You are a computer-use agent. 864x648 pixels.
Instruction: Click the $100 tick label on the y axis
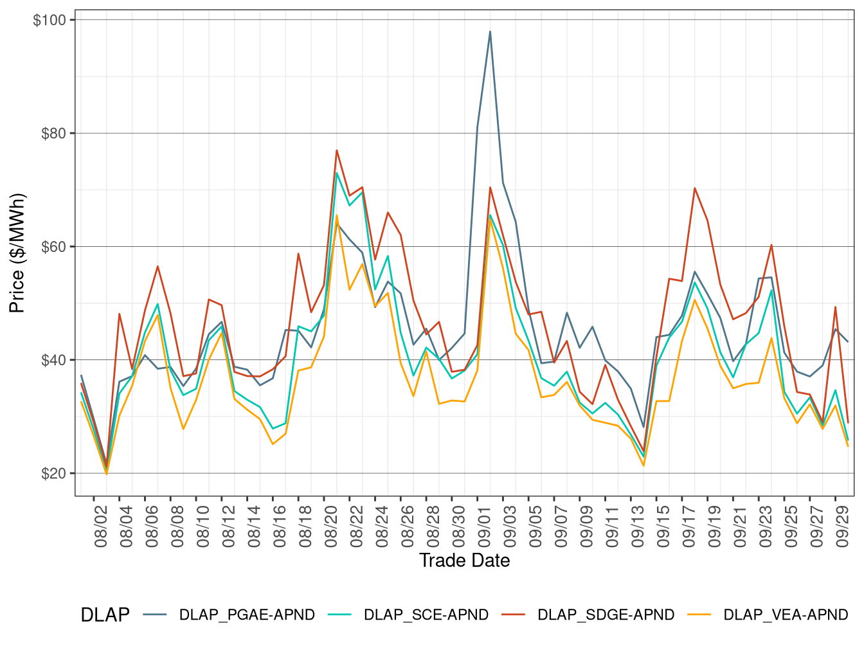[50, 21]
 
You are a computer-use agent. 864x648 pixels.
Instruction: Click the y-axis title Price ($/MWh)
[17, 253]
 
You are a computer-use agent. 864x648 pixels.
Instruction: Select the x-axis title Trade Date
[464, 561]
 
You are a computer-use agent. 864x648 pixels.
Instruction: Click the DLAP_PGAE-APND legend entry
[247, 615]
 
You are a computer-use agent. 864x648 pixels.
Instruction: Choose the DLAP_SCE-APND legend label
[426, 615]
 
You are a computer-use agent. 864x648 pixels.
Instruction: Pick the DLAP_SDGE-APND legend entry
[606, 615]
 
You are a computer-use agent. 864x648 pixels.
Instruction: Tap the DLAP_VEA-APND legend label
[786, 615]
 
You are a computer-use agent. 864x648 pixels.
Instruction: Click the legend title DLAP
[105, 615]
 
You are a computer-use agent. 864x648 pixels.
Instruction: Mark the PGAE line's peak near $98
[490, 32]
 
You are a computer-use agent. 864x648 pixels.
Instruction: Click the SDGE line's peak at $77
[337, 150]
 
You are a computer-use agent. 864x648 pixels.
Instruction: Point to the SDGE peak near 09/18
[695, 188]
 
